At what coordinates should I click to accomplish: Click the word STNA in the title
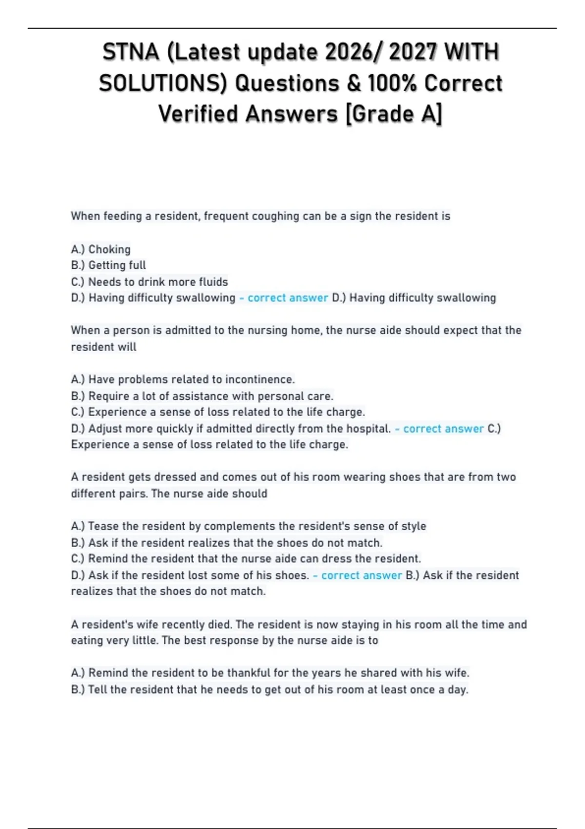pyautogui.click(x=131, y=52)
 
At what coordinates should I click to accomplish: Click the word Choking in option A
pyautogui.click(x=109, y=249)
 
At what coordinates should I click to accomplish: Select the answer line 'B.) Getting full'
pyautogui.click(x=108, y=265)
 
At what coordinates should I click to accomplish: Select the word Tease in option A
pyautogui.click(x=103, y=526)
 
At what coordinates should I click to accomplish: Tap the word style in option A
pyautogui.click(x=413, y=526)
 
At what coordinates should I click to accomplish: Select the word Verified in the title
pyautogui.click(x=199, y=114)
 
